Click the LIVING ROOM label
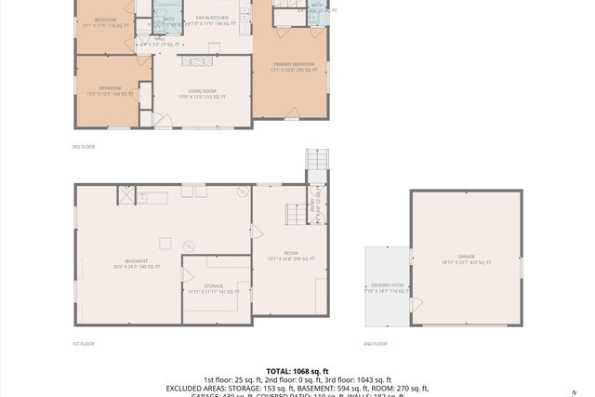202,90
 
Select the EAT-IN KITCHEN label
213,18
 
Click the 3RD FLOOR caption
84,147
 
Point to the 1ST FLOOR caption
84,344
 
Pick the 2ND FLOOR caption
375,344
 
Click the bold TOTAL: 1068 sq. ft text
297,370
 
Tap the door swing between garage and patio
416,304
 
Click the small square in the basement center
165,244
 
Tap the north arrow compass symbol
575,390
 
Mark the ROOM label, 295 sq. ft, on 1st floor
291,257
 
